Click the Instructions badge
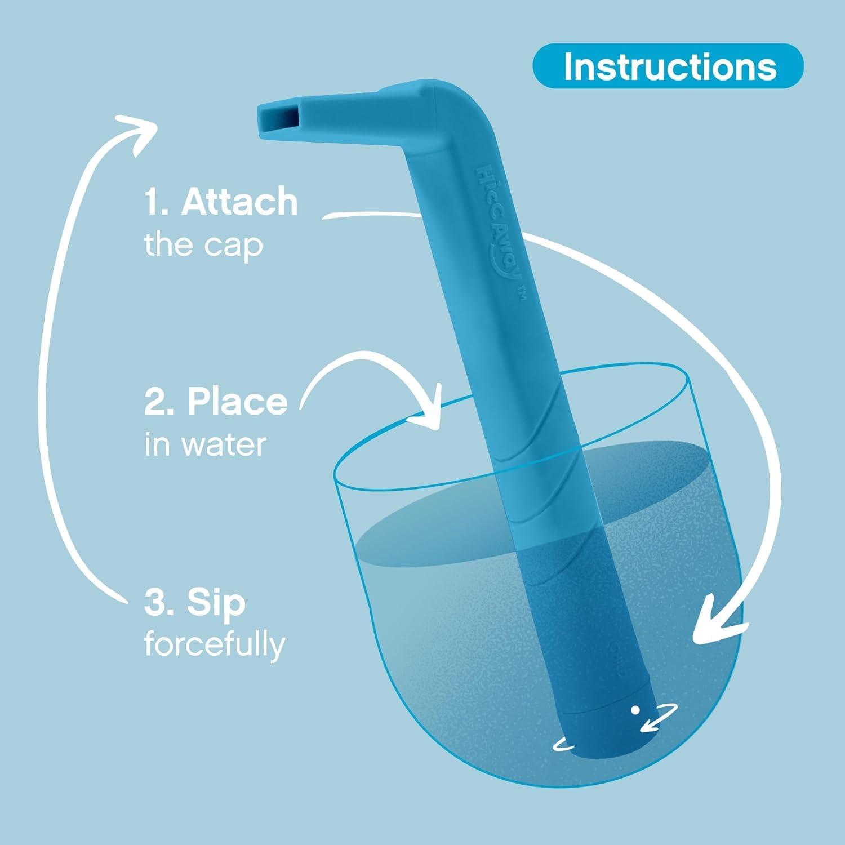[x=668, y=66]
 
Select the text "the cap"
[x=203, y=245]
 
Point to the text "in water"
[x=205, y=444]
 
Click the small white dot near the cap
[x=635, y=710]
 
